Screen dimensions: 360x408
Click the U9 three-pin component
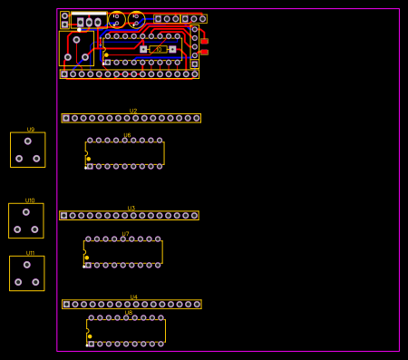pos(27,150)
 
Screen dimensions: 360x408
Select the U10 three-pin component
pos(26,220)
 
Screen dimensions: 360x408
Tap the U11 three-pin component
pos(26,273)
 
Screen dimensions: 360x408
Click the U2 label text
pos(133,111)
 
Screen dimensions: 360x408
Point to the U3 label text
pos(131,208)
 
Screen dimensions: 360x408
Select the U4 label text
pos(133,297)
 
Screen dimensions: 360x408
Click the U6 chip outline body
pos(125,153)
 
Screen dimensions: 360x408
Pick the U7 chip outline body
pos(123,252)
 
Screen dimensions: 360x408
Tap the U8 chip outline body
pos(126,331)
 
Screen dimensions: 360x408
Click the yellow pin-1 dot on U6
pos(88,159)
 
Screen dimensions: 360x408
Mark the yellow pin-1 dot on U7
pos(87,258)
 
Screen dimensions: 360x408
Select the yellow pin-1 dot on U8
pos(89,336)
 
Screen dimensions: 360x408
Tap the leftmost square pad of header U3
pos(63,216)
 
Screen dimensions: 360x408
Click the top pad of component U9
pos(28,141)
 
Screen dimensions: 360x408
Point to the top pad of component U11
pos(27,265)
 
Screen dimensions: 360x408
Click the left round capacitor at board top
pos(116,19)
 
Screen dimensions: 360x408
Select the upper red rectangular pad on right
pos(204,41)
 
